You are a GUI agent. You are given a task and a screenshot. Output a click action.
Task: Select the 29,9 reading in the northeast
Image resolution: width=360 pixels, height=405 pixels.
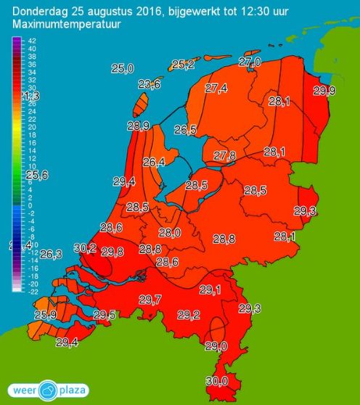[324, 90]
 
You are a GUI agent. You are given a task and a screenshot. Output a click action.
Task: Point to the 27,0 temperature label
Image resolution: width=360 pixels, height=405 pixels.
[249, 63]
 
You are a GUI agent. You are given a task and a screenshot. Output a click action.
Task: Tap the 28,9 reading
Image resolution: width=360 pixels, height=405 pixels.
[139, 126]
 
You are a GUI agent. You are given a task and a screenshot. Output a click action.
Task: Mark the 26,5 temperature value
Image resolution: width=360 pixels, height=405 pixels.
[186, 130]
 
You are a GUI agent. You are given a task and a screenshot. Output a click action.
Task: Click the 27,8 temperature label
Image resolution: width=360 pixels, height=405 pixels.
[225, 156]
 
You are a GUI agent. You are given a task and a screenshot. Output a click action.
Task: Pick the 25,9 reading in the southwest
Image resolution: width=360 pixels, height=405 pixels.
[44, 315]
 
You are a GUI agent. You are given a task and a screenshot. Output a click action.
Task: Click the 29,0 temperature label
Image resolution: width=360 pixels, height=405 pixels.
[216, 346]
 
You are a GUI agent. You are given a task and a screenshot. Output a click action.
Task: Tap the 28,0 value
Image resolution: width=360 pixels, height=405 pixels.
[169, 233]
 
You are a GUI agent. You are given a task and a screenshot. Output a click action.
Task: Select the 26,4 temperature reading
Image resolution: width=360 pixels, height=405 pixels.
[154, 162]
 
